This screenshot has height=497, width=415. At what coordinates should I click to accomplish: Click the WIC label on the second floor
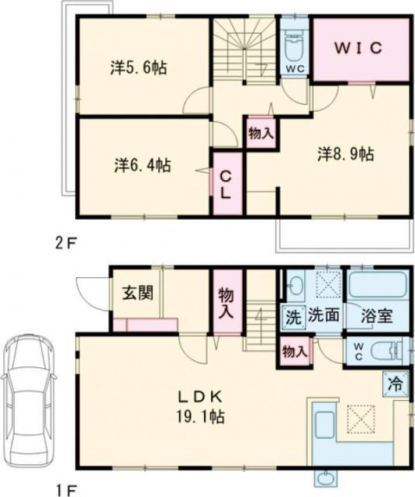[359, 47]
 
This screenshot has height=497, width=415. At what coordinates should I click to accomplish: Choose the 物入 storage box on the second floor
[261, 132]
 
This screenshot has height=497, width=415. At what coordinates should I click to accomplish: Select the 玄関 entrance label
[137, 296]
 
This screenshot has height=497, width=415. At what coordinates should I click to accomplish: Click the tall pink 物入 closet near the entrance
[227, 301]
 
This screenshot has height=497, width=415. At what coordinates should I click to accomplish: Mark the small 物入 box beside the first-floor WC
[295, 351]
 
